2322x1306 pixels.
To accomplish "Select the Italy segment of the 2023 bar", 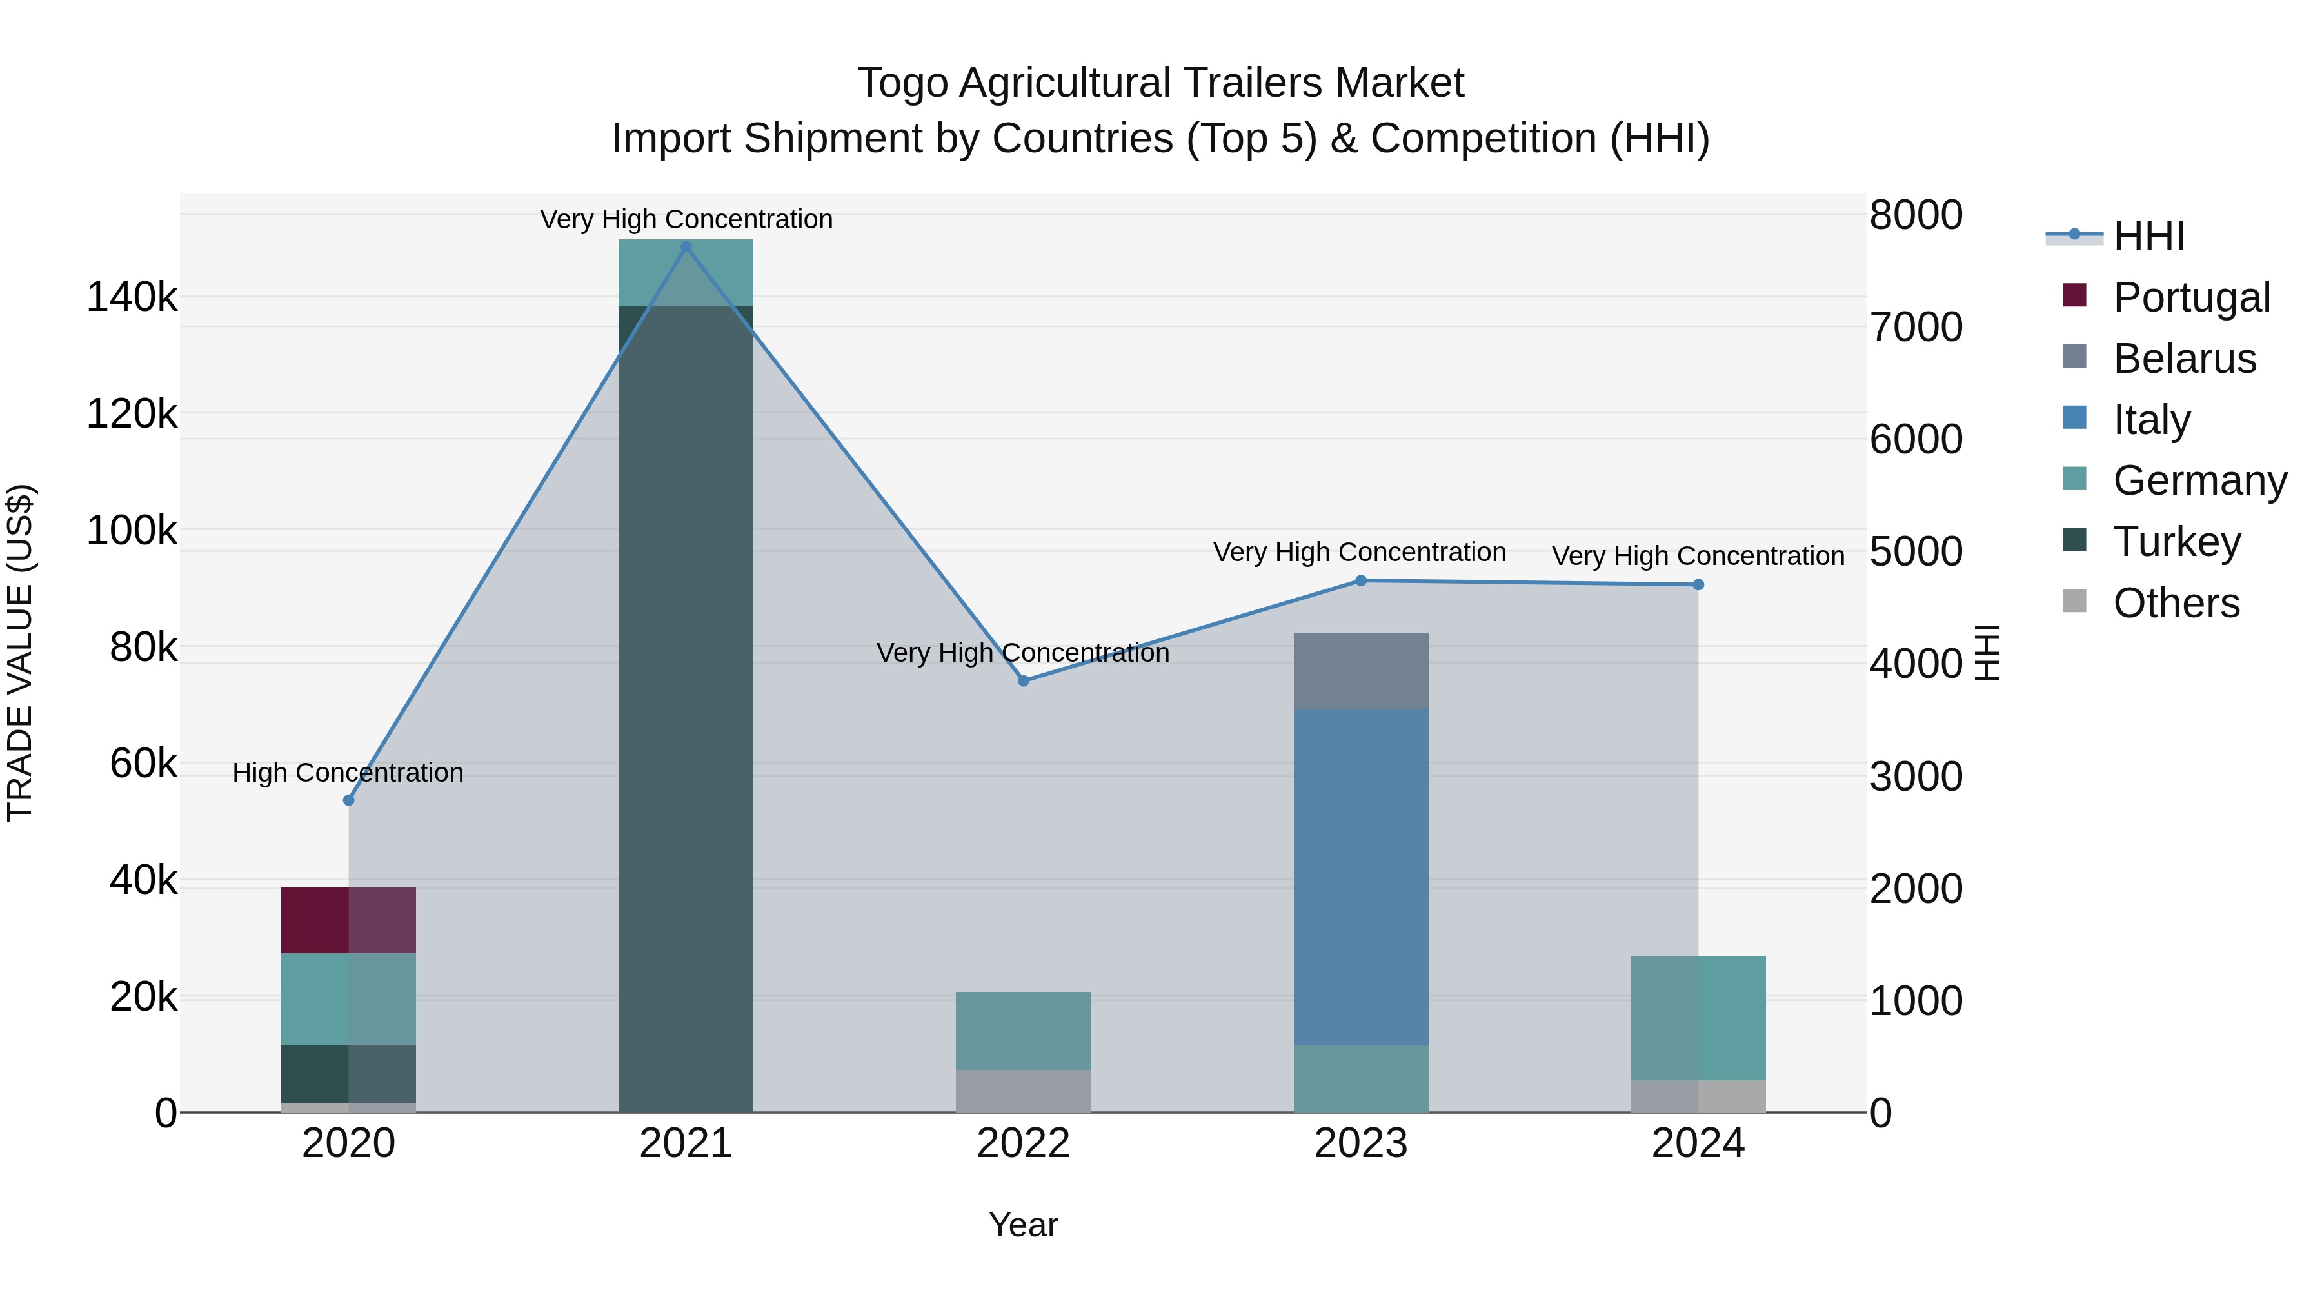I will [x=1360, y=876].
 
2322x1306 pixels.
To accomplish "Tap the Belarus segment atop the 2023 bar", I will [x=1360, y=671].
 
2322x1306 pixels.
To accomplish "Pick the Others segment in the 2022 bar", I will [x=1023, y=1091].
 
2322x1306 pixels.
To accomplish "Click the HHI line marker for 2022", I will [x=1023, y=680].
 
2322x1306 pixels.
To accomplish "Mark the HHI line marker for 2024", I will [x=1698, y=585].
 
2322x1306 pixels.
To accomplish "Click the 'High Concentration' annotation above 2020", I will [x=348, y=773].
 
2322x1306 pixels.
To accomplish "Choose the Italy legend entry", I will [x=2150, y=420].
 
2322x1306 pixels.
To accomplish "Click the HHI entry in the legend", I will [x=2148, y=236].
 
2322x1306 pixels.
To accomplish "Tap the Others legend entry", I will [x=2175, y=603].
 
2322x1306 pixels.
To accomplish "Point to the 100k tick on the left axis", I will [x=132, y=531].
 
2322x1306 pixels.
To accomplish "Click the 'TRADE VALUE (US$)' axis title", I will [x=20, y=653].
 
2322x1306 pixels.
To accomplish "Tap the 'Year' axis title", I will [x=1023, y=1225].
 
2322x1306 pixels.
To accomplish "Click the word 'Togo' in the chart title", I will [x=902, y=84].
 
